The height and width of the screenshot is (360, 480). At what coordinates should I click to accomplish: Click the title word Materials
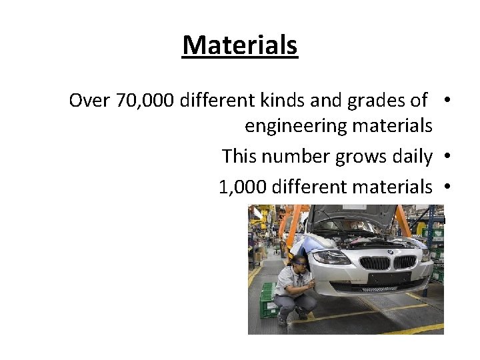click(240, 45)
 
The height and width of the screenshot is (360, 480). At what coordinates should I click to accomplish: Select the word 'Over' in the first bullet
click(89, 101)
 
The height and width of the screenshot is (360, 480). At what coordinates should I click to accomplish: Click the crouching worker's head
click(301, 261)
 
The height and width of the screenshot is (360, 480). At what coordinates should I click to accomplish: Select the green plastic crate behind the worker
click(268, 300)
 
